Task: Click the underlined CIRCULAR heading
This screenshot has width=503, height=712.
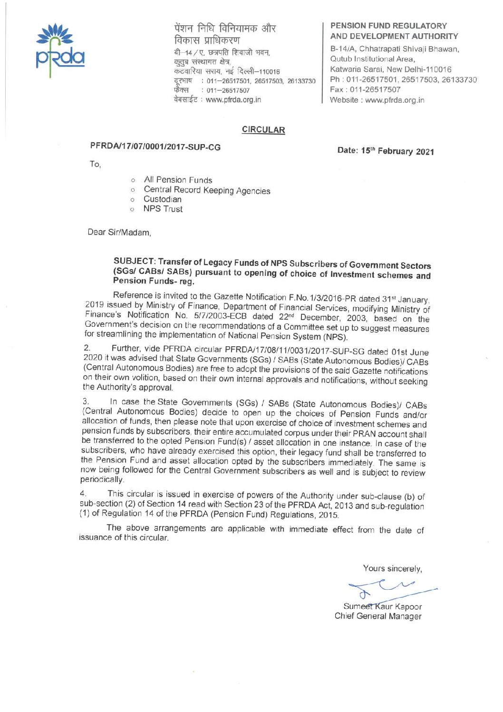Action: point(263,130)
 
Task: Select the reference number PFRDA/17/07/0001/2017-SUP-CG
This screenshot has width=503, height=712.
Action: point(155,147)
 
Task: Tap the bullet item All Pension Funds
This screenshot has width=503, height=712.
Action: point(178,180)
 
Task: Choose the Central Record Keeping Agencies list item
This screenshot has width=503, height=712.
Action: point(207,190)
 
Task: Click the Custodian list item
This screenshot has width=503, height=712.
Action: point(163,199)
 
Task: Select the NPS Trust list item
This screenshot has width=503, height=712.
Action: point(163,209)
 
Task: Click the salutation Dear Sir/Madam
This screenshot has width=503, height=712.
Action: point(119,233)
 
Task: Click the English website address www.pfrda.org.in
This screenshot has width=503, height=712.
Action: point(395,100)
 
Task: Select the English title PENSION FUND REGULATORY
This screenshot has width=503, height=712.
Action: point(388,26)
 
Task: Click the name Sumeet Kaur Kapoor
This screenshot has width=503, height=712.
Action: point(382,606)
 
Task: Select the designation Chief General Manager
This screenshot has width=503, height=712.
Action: point(378,616)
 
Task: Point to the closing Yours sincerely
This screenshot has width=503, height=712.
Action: point(392,568)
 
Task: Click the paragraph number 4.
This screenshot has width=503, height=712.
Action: point(83,494)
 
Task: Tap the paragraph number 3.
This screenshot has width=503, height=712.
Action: point(86,401)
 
